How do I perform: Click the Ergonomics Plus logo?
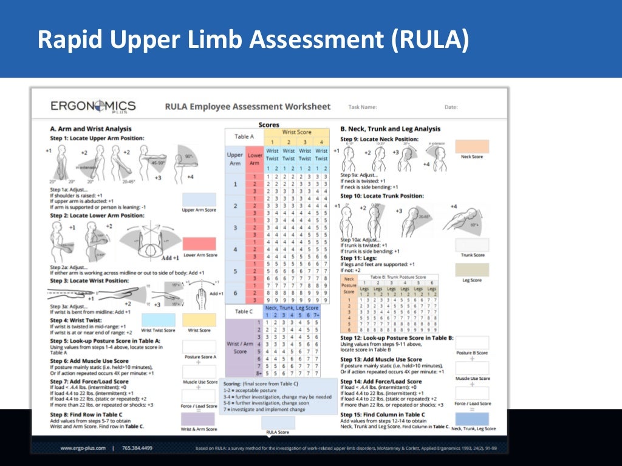coord(93,107)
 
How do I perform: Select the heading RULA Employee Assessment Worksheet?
coord(248,107)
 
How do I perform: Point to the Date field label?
coord(451,107)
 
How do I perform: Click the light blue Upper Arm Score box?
coord(199,200)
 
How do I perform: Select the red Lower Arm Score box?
coord(199,244)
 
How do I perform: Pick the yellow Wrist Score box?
coord(199,320)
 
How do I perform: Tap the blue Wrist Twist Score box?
coord(158,320)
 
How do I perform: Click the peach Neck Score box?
coord(472,146)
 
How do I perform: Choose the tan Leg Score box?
coord(472,269)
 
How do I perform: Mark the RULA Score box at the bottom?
coord(278,423)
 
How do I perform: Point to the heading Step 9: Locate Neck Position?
coord(379,139)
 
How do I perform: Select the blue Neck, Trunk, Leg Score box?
coord(472,419)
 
